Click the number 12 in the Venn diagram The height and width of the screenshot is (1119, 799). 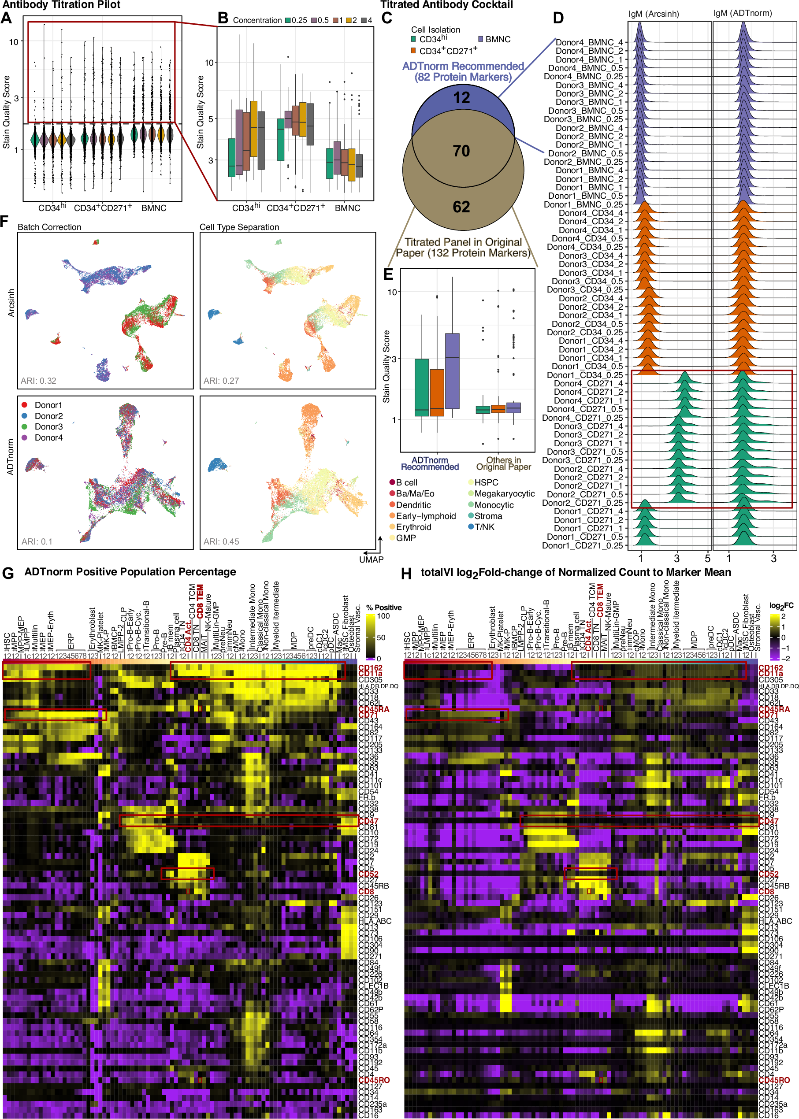coord(461,98)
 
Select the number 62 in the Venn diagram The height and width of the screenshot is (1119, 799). coord(461,207)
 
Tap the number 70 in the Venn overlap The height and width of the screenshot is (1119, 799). coord(461,151)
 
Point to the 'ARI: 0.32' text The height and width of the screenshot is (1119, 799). coord(38,381)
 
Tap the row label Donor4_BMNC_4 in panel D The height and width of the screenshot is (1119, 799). coord(589,42)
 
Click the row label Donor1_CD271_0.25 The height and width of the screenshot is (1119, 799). coord(582,545)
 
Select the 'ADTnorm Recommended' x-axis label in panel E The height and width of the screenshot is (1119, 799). coord(430,463)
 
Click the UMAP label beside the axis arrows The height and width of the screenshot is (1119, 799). coord(371,559)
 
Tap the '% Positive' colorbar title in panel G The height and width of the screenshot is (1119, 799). coord(384,608)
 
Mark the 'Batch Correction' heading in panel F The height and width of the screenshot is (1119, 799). coord(49,227)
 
